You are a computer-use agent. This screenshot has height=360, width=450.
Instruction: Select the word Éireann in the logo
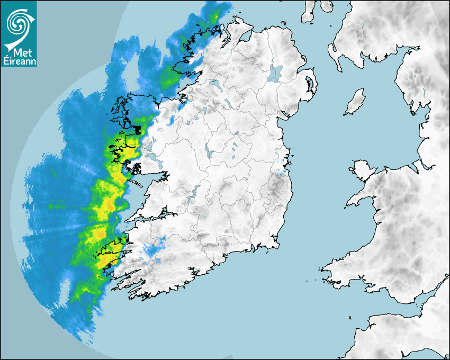tap(19, 61)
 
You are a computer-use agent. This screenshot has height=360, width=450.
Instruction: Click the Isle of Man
tap(355, 102)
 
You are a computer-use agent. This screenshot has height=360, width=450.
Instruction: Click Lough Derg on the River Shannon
tap(194, 191)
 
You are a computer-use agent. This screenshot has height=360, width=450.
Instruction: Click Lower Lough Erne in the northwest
tap(214, 84)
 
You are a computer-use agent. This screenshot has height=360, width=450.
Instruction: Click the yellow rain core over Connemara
tap(127, 154)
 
